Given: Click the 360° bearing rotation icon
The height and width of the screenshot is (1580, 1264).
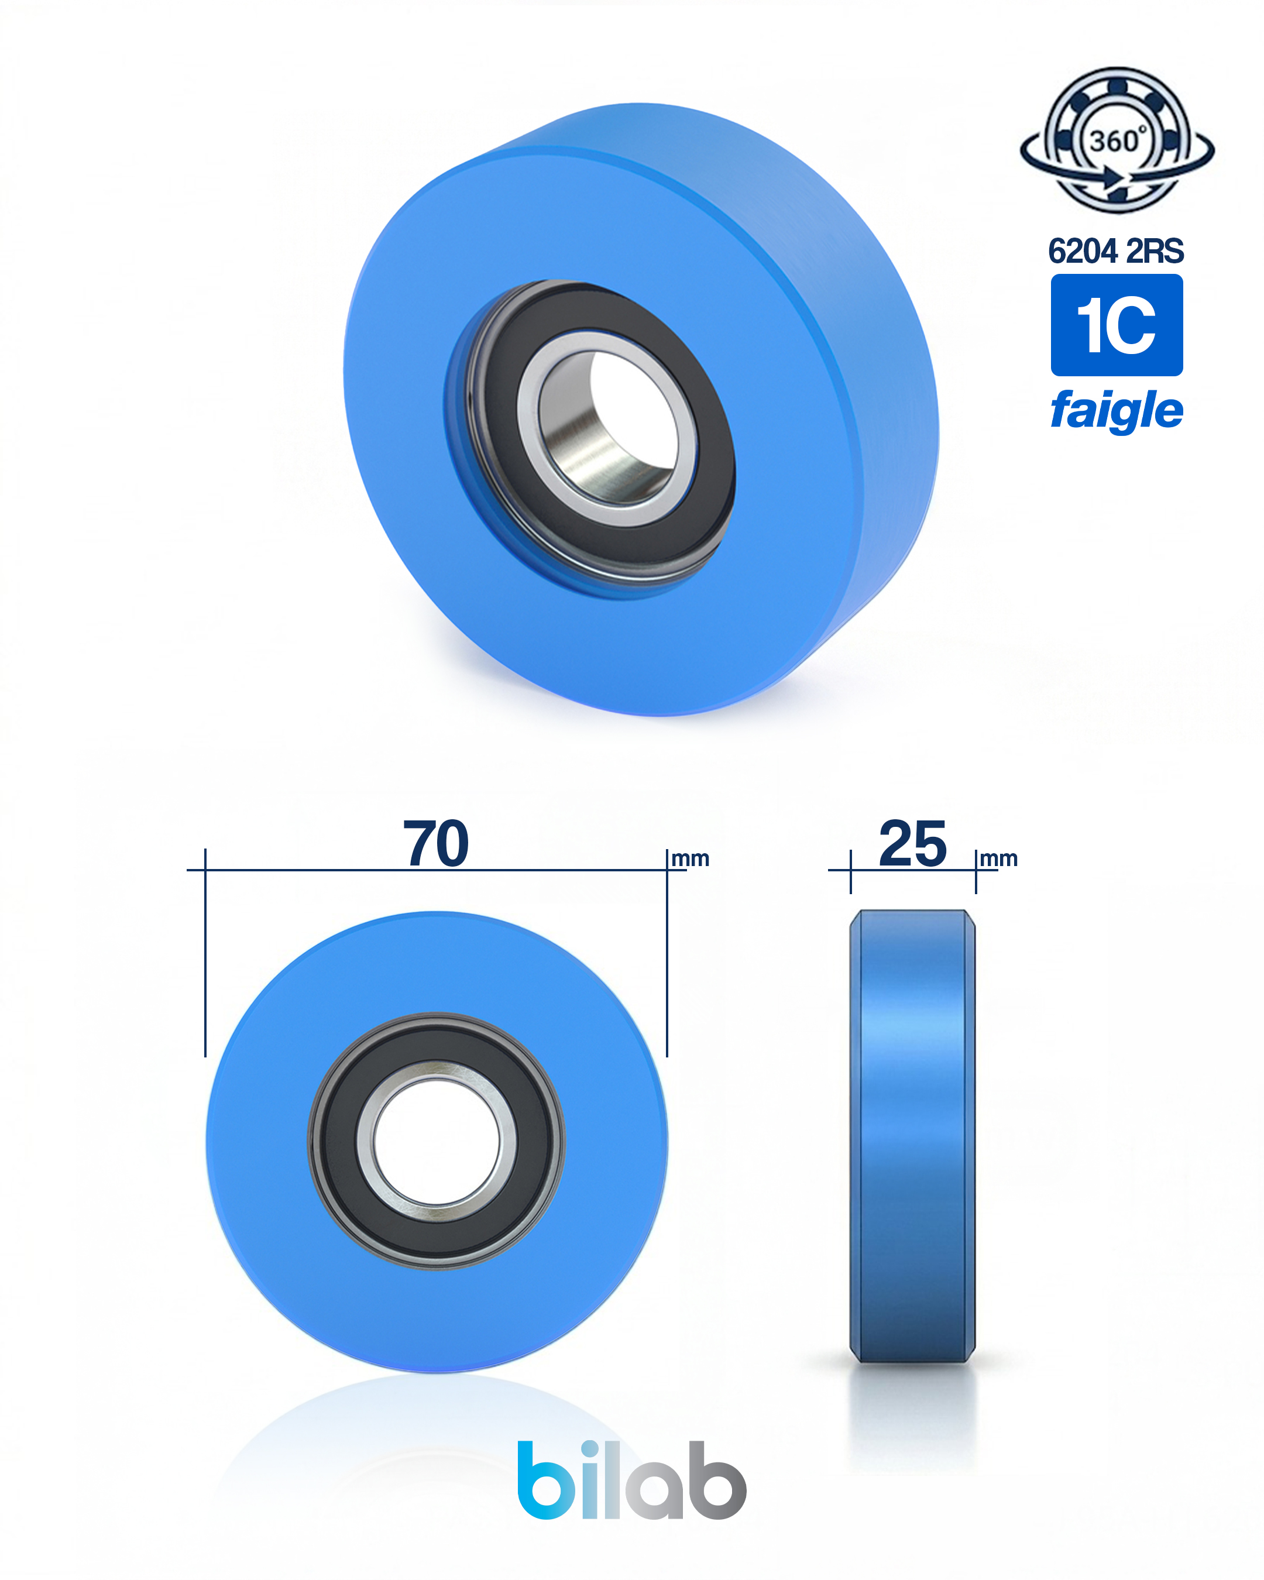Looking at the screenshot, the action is click(1117, 140).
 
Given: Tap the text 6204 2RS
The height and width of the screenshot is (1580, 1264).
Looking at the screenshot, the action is click(1116, 252).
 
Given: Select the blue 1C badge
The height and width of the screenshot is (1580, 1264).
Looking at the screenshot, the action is click(1117, 325).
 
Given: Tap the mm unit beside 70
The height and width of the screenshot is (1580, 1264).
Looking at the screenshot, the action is click(691, 859).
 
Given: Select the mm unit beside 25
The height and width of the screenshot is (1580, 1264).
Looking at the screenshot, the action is click(999, 859).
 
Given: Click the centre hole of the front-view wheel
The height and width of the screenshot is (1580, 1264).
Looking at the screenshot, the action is click(437, 1142).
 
